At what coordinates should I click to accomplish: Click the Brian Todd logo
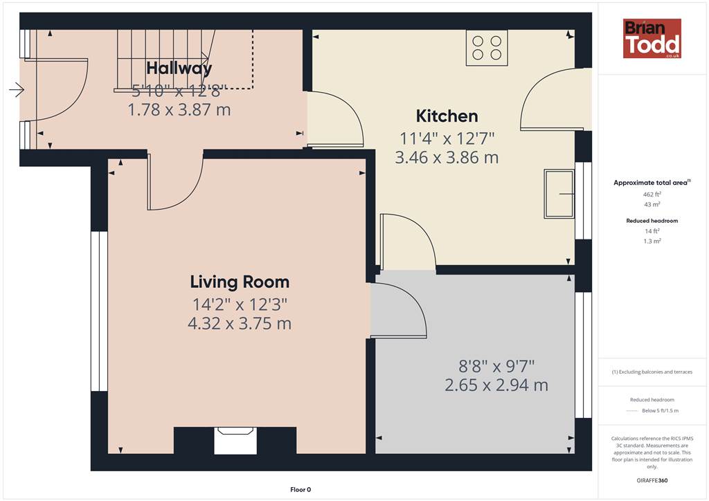coord(652,38)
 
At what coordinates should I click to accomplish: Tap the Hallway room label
coord(179,69)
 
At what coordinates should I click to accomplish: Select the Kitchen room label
coord(447,116)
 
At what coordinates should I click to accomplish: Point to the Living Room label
coord(240,282)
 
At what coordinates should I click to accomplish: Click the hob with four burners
coord(487,48)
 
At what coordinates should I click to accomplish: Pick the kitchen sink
coord(559,194)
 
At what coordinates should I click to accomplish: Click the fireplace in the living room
coord(235,441)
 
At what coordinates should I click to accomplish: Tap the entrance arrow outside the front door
coord(17,89)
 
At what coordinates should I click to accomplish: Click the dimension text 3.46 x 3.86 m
coord(447,158)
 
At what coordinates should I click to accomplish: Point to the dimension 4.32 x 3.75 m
coord(240,323)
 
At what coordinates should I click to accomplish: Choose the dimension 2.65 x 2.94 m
coord(496,385)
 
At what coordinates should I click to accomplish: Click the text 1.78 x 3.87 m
coord(179,110)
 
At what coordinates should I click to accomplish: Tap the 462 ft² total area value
coord(652,194)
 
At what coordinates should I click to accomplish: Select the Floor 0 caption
coord(300,490)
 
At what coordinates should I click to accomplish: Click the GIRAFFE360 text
coord(652,480)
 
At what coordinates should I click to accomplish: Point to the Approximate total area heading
coord(652,183)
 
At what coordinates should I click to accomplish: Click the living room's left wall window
coord(100,311)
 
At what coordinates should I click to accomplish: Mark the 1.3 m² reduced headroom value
coord(652,242)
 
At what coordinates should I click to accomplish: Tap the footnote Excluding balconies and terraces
coord(652,372)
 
